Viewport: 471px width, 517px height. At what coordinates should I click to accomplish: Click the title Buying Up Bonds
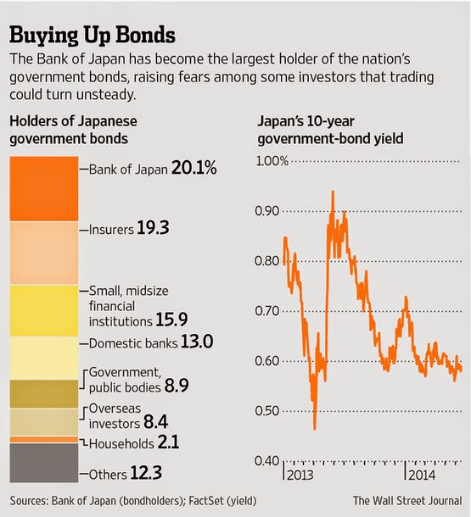point(93,36)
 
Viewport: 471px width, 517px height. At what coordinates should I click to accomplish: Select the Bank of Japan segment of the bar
point(44,189)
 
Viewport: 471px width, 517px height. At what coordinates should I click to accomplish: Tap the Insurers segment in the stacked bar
point(44,253)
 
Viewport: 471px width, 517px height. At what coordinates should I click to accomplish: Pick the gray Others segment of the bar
point(44,463)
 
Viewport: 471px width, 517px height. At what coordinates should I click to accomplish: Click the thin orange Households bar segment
point(44,440)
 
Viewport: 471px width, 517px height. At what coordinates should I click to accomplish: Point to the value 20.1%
point(194,168)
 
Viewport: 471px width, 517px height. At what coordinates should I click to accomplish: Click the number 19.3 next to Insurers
point(153,228)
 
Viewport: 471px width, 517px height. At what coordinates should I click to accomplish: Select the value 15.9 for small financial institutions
point(171,320)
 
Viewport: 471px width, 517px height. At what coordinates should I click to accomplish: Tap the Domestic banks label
point(133,343)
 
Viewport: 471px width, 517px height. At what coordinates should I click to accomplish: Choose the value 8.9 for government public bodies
point(177,386)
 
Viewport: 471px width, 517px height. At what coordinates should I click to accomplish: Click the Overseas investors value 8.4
point(156,422)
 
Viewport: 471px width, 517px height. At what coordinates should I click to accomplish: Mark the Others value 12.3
point(146,473)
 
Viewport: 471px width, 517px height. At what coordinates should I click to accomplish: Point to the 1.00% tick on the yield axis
point(272,161)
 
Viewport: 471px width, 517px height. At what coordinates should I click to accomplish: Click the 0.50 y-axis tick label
point(267,411)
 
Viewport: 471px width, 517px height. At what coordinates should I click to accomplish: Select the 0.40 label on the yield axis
point(267,460)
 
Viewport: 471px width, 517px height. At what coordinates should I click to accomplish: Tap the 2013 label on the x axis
point(300,475)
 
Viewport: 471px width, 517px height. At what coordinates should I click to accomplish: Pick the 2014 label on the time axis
point(422,475)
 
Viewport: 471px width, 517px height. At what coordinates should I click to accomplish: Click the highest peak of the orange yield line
point(333,192)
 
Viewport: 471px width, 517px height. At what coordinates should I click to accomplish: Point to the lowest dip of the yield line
point(315,429)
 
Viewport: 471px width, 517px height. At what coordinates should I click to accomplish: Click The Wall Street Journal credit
point(407,501)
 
